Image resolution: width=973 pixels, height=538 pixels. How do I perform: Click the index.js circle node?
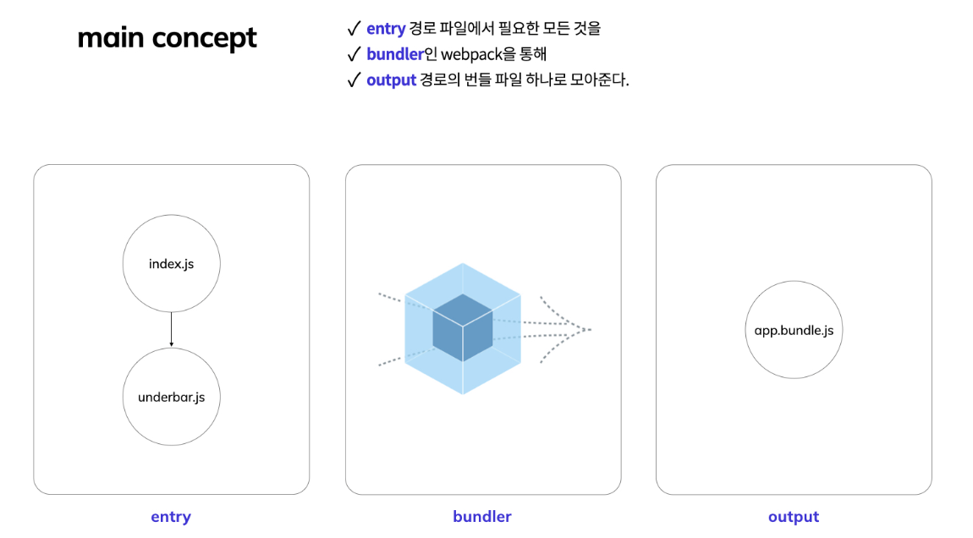[x=171, y=263]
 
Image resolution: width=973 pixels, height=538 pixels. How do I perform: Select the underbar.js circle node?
[x=171, y=397]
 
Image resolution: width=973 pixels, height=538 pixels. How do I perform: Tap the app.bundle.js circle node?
[x=794, y=330]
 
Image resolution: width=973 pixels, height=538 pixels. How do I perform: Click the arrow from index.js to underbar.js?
[x=171, y=329]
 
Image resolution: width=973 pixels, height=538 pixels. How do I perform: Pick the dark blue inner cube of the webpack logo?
[x=462, y=328]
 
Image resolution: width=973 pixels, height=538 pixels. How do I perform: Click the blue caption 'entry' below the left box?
[x=171, y=517]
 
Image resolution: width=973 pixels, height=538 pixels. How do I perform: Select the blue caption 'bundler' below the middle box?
[x=482, y=517]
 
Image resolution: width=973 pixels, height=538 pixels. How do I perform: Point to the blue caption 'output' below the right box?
[x=794, y=517]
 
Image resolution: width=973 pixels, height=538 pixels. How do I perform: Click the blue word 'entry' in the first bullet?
[x=386, y=29]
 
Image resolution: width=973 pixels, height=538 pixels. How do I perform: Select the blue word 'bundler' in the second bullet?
[x=395, y=55]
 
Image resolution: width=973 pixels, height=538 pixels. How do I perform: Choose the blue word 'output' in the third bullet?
[x=391, y=80]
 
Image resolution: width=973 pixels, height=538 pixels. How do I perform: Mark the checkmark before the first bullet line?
[x=355, y=29]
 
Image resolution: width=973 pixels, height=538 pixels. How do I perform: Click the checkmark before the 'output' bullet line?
[x=355, y=80]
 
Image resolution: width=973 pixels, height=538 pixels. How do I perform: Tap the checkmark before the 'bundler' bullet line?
[x=355, y=55]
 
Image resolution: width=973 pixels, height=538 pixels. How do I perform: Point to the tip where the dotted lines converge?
[x=589, y=329]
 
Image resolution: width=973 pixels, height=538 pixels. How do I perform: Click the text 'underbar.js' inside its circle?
[x=171, y=397]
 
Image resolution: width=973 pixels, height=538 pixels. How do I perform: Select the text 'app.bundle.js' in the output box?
[x=794, y=330]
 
